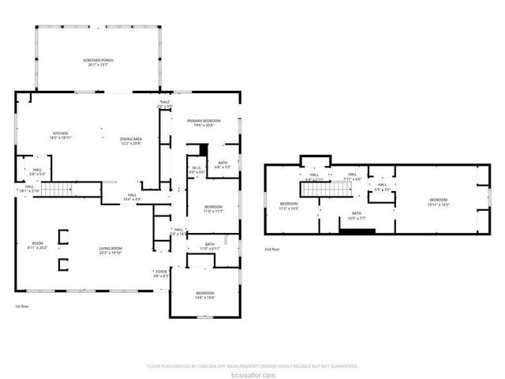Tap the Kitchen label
(x=61, y=135)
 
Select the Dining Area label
(x=131, y=141)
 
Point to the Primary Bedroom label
(x=204, y=122)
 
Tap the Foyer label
(x=161, y=274)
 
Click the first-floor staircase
(x=58, y=189)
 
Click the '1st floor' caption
(x=23, y=306)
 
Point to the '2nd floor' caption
(x=272, y=249)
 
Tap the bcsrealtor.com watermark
(x=252, y=373)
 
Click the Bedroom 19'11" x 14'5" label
(x=439, y=202)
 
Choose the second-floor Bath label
(x=357, y=216)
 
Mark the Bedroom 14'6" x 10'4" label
(x=205, y=295)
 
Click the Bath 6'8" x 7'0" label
(x=223, y=165)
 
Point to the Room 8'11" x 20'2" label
(x=37, y=245)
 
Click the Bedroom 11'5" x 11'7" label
(x=214, y=209)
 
